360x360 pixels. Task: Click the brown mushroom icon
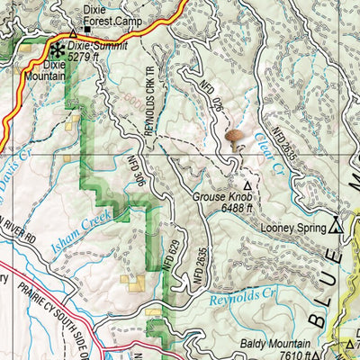coord(236,137)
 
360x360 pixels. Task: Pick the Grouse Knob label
coord(221,194)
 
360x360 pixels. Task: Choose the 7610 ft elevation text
coord(294,355)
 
